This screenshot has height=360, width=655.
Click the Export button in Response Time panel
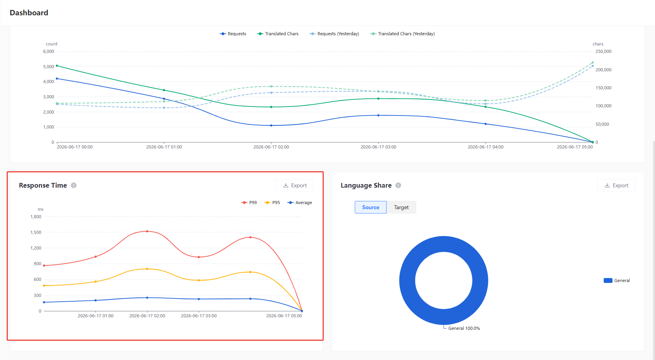pyautogui.click(x=294, y=185)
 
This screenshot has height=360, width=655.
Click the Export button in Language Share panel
pyautogui.click(x=616, y=185)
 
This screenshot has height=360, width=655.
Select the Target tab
pyautogui.click(x=401, y=207)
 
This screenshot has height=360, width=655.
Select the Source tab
pyautogui.click(x=370, y=207)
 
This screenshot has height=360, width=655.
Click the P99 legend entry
pyautogui.click(x=249, y=203)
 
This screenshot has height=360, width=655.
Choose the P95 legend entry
pyautogui.click(x=272, y=203)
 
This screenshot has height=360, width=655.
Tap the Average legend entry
pyautogui.click(x=300, y=203)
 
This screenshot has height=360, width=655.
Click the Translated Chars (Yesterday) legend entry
pyautogui.click(x=402, y=34)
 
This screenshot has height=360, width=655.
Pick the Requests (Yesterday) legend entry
pyautogui.click(x=334, y=34)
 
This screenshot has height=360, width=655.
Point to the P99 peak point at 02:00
pyautogui.click(x=147, y=231)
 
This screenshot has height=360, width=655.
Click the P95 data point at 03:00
pyautogui.click(x=199, y=280)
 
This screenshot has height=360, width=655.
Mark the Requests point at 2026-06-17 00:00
pyautogui.click(x=57, y=79)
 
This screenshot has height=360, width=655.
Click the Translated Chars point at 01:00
pyautogui.click(x=164, y=90)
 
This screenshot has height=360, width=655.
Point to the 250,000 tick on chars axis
pyautogui.click(x=603, y=51)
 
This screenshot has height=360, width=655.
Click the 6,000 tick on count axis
pyautogui.click(x=49, y=51)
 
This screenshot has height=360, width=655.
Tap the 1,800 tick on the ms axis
pyautogui.click(x=36, y=217)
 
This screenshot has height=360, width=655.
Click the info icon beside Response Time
pyautogui.click(x=74, y=185)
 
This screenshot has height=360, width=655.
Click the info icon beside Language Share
pyautogui.click(x=398, y=185)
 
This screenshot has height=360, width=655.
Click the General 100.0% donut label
pyautogui.click(x=464, y=328)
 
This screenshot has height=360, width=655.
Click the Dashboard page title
pyautogui.click(x=29, y=13)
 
